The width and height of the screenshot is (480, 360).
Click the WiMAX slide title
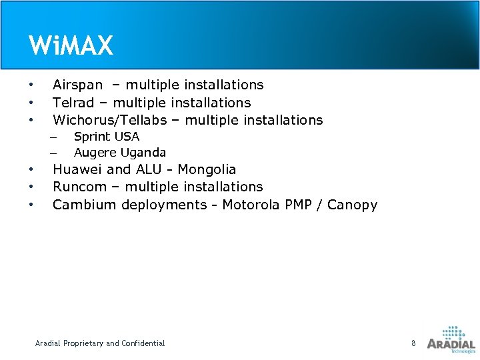click(x=71, y=46)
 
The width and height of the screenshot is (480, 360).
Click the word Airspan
click(x=77, y=85)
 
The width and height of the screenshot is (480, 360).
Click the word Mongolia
click(x=207, y=170)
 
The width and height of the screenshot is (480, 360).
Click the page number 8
click(x=413, y=343)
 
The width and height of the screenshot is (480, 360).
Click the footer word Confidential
click(x=141, y=343)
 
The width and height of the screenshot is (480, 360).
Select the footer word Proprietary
click(x=83, y=343)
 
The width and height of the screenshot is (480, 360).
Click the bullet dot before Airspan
click(x=31, y=85)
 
